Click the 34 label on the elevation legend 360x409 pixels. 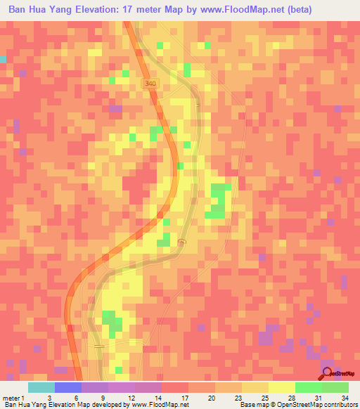point(345,397)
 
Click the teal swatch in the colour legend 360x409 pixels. point(41,387)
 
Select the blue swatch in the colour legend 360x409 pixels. point(67,387)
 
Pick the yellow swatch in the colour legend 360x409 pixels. point(281,387)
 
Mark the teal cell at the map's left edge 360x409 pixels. point(3,59)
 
